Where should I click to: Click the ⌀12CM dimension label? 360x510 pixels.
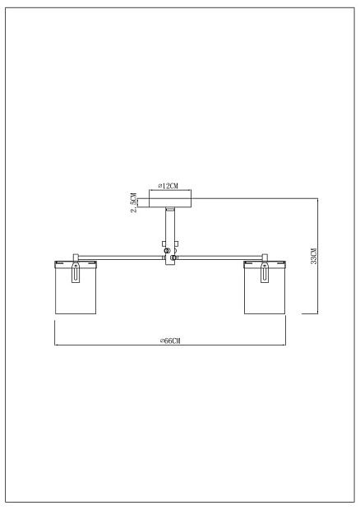[168, 186]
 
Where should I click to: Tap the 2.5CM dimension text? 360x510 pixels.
[133, 202]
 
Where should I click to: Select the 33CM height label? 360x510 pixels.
[313, 256]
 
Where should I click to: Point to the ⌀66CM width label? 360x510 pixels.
[170, 341]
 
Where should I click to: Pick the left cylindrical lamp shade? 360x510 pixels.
[76, 287]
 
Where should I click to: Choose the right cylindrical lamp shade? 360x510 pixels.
[265, 287]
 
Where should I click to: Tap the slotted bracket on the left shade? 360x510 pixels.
[76, 272]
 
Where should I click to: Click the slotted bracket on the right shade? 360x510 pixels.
[265, 272]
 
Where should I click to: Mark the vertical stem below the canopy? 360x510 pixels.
[170, 236]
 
